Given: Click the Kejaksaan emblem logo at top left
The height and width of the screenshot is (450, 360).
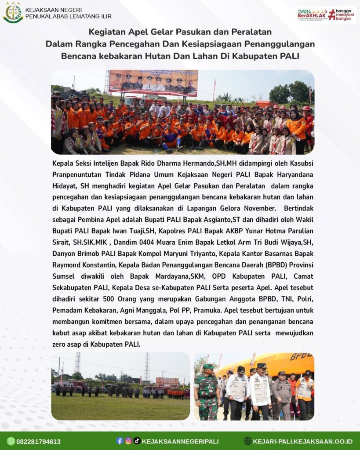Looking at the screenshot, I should (x=13, y=12).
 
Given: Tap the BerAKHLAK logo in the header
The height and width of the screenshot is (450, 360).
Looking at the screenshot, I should (x=311, y=15).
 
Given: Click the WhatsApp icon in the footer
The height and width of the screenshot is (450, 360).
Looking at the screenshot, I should (x=11, y=441).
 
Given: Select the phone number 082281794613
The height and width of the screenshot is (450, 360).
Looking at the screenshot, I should (x=39, y=442).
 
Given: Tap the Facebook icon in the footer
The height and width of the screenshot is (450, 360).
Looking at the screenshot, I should (x=120, y=441).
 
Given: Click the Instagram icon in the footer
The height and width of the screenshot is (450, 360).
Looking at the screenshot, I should (x=128, y=441).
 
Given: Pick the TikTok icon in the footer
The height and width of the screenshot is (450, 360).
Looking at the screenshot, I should (x=137, y=441).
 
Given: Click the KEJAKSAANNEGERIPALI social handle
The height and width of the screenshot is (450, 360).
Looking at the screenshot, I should (x=180, y=441).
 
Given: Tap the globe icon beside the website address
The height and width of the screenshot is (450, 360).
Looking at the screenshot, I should (x=248, y=441).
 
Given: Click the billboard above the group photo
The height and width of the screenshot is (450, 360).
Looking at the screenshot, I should (x=153, y=83).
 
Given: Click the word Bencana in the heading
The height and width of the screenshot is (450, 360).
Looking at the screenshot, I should (x=76, y=56).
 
